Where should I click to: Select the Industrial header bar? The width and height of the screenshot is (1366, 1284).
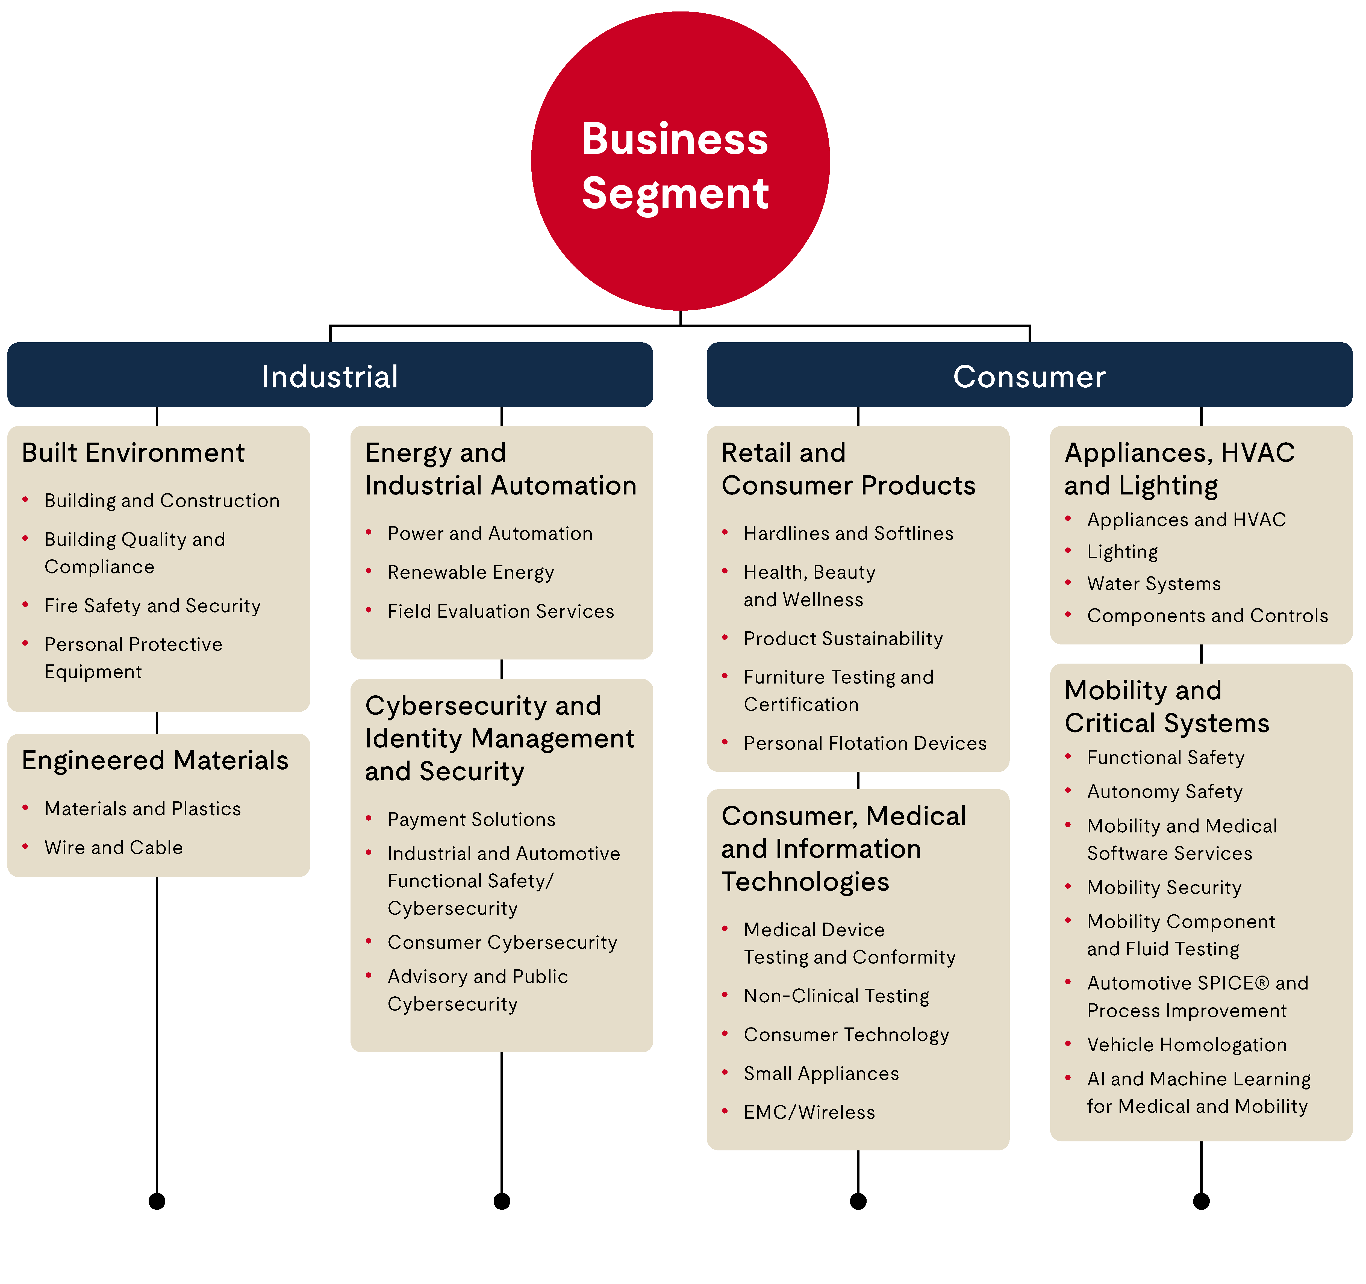point(330,375)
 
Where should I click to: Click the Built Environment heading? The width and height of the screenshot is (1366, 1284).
point(133,453)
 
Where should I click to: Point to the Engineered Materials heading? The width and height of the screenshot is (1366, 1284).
point(155,761)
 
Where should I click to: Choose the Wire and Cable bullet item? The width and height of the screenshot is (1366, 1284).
point(113,847)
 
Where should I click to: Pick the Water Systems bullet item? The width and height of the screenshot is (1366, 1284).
point(1154,583)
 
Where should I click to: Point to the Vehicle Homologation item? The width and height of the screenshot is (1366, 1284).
point(1187,1044)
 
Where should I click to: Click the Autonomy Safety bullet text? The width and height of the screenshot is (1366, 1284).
point(1165,791)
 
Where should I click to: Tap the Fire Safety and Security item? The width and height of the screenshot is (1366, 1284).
point(152,605)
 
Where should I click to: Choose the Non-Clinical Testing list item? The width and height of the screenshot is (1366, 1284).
point(836,996)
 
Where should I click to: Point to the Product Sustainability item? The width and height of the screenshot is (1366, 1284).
point(843,638)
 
